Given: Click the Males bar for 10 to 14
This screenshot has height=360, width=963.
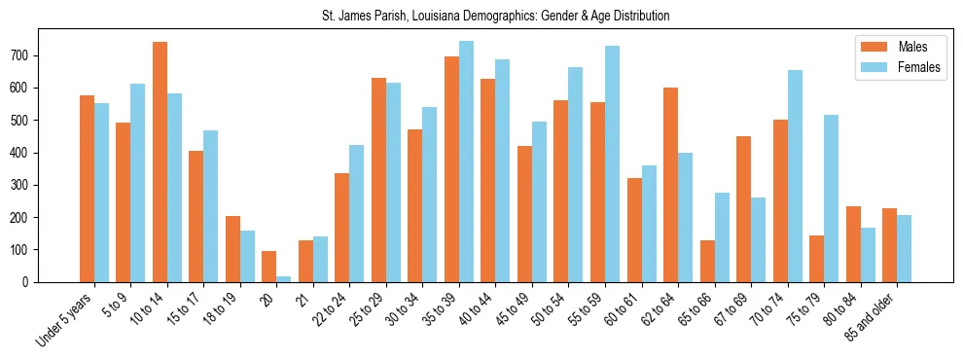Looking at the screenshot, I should tap(160, 162).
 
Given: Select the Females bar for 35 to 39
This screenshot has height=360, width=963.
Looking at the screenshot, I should tap(466, 162).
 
